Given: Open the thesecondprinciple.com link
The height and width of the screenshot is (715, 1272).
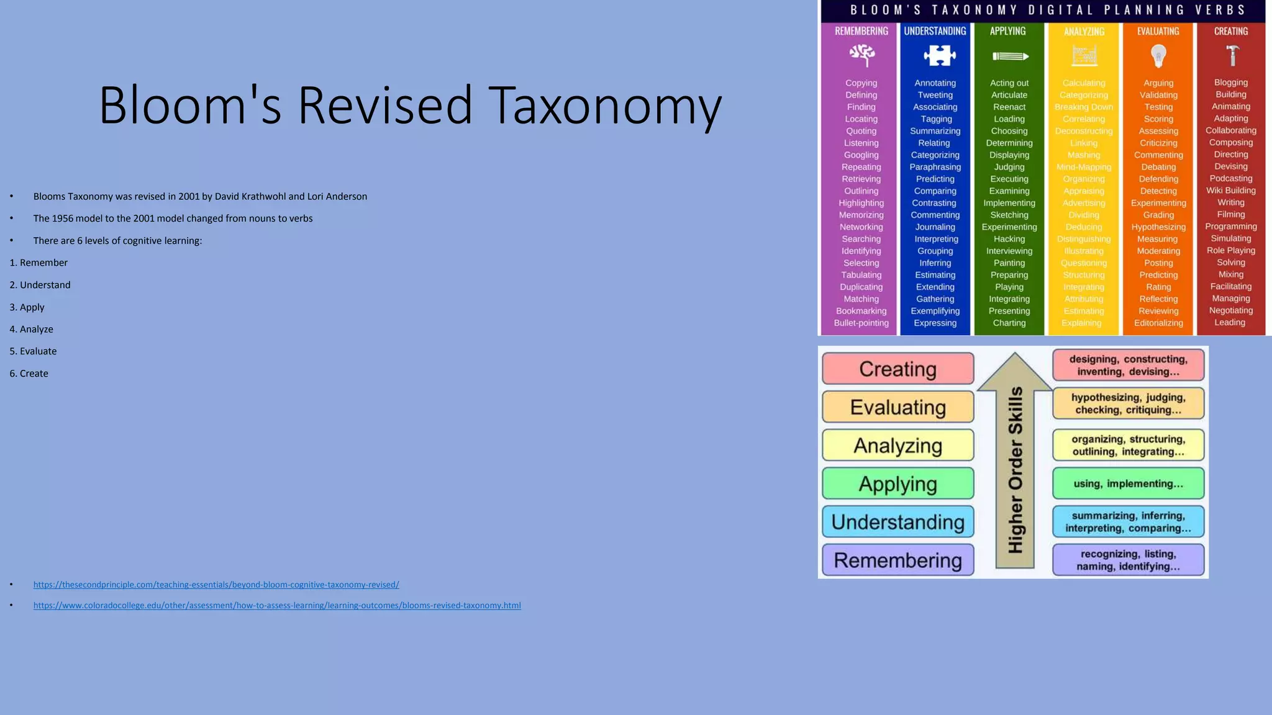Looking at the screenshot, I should pos(216,585).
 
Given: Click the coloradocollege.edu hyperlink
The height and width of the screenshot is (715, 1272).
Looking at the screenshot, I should pos(277,606).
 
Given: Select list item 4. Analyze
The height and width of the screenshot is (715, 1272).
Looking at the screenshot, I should pos(32,330).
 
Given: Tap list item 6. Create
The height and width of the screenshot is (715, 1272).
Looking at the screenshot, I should pos(29,374).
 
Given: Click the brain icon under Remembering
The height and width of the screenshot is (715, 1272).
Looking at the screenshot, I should pos(861,56).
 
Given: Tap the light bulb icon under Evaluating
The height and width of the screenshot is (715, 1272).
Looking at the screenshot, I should pos(1158,56).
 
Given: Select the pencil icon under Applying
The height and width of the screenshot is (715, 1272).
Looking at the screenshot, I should pos(1010,56).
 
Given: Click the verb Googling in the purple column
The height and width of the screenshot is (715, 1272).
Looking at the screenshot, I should pos(861,155).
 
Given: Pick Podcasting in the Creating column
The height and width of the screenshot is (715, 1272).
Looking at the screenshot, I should pos(1231,179).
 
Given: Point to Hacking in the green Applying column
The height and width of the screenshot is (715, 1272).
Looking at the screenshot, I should pos(1009,239).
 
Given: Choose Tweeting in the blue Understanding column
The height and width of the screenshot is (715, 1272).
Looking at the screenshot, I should pos(935,95).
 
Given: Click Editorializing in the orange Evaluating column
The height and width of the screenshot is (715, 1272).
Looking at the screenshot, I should pos(1158,323).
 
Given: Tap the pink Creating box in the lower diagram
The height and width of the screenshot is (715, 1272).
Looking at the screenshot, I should pos(897,369).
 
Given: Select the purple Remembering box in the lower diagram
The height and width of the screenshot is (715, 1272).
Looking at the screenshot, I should pos(897,560).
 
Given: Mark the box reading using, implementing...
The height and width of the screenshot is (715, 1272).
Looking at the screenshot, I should pos(1128,484).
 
